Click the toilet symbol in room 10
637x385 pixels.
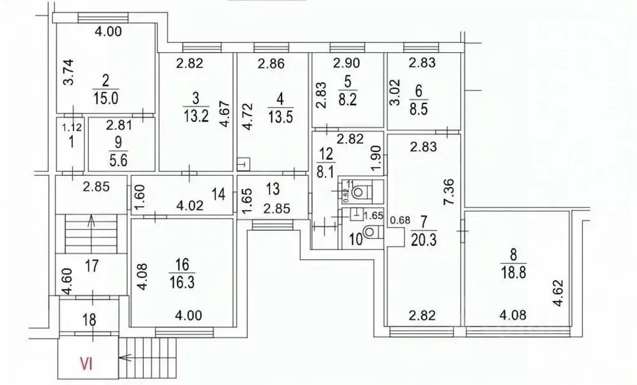(x=369, y=232)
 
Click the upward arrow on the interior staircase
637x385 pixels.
(x=92, y=222)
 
